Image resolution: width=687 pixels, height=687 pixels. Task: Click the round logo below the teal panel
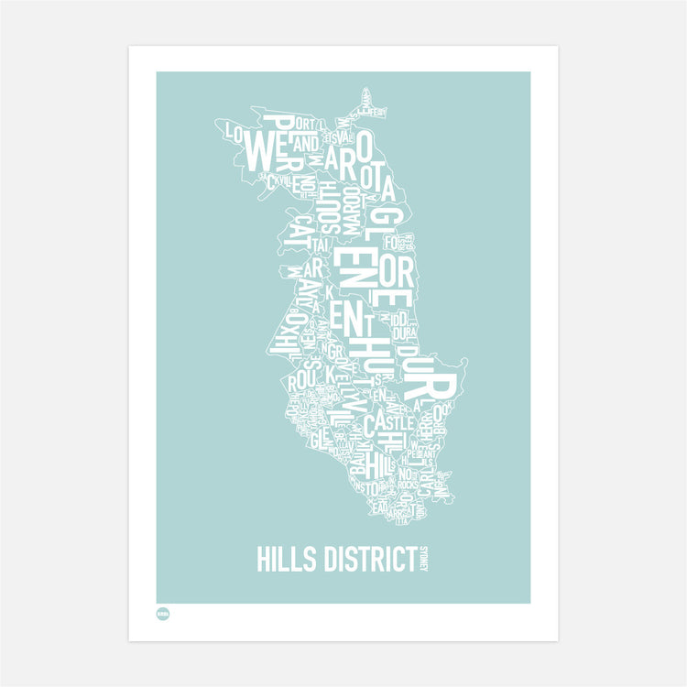[163, 615]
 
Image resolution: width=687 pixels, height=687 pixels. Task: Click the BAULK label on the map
[357, 462]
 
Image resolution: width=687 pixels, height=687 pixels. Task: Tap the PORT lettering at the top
[306, 124]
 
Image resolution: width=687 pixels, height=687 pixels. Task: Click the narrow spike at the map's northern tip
[366, 96]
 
